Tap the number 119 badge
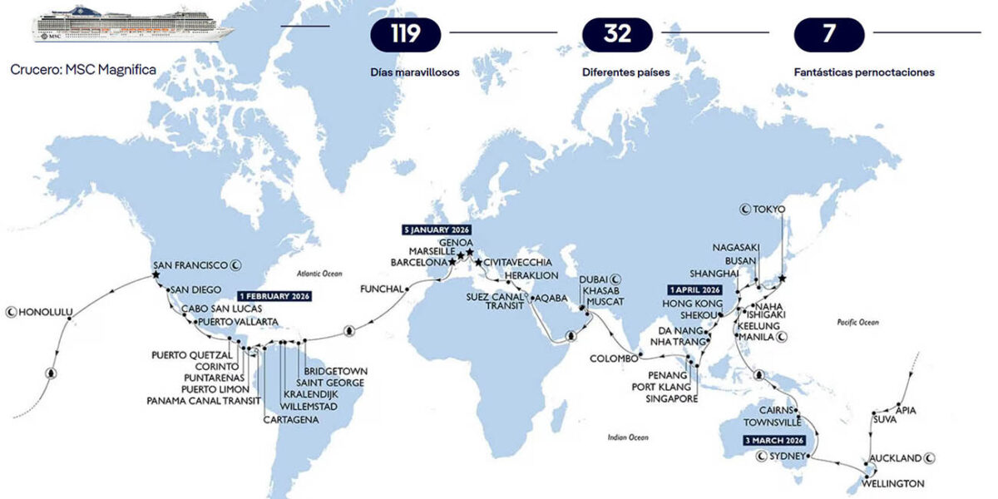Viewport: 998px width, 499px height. point(406,33)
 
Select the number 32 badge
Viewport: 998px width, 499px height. point(618,33)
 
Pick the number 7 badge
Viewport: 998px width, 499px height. point(829,33)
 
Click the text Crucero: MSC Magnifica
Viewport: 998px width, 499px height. point(82,70)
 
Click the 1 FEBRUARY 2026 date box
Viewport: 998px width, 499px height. point(274,296)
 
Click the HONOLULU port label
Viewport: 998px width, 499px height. point(47,313)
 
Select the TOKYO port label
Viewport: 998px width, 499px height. point(768,210)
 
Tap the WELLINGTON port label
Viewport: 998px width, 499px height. point(893,483)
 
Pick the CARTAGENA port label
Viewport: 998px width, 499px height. point(291,420)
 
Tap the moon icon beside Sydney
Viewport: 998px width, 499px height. point(760,457)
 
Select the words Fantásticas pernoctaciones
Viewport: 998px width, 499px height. point(864,72)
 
